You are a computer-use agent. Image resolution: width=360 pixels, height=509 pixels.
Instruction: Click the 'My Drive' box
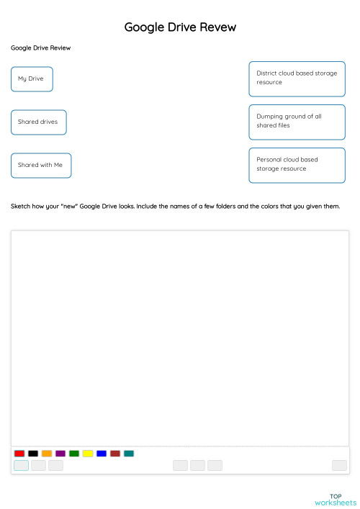coord(32,79)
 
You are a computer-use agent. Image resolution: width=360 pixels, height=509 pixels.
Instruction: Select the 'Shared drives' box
coord(39,122)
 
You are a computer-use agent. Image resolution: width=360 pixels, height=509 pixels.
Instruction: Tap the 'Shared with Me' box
coord(41,166)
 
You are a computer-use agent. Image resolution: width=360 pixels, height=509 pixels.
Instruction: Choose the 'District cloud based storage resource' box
coord(297,78)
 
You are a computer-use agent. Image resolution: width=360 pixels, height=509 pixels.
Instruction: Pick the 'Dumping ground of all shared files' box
coord(297,122)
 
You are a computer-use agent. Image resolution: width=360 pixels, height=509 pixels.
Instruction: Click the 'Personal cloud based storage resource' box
coord(297,165)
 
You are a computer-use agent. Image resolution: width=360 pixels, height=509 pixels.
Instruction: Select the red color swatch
coord(19,454)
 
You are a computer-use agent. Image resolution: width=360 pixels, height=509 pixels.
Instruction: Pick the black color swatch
coord(33,454)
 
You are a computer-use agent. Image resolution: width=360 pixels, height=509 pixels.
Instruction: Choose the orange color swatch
coord(47,454)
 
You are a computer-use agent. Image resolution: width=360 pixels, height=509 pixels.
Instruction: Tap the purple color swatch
coord(60,454)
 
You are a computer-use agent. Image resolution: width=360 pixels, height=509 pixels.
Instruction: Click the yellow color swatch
coord(88,454)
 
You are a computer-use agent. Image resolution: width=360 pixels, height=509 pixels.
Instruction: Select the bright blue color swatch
coord(102,454)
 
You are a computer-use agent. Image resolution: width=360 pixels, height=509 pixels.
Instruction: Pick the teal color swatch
coord(129,454)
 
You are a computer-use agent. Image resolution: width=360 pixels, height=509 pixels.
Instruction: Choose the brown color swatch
coord(115,454)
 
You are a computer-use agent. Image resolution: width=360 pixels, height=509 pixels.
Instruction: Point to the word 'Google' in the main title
coord(144,27)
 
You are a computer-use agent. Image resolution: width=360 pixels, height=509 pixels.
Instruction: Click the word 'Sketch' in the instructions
coord(21,206)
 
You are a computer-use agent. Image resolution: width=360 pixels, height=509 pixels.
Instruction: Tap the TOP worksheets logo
coord(336,499)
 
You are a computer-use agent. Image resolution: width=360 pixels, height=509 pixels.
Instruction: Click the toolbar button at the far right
coord(339,466)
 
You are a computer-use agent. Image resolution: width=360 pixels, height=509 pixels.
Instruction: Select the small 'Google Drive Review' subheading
coord(40,48)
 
